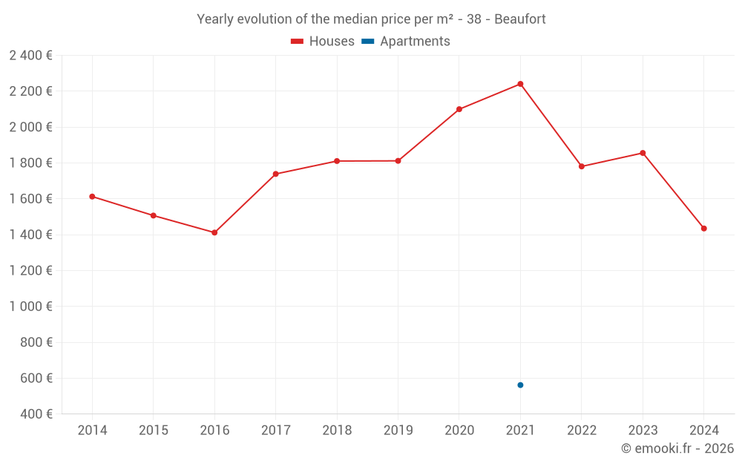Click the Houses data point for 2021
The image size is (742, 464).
(520, 84)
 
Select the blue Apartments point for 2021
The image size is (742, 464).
(520, 385)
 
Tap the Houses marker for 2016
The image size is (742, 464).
(214, 232)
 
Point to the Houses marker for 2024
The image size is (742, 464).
(703, 228)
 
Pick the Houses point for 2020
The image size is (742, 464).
(459, 109)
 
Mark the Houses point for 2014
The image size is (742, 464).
(92, 197)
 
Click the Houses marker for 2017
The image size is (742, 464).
(275, 174)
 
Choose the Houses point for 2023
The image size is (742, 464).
(643, 153)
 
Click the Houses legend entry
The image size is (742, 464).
(323, 42)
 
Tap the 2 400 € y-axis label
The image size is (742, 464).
(30, 55)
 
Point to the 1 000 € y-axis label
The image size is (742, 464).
(30, 306)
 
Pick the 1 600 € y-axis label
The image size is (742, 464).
(30, 198)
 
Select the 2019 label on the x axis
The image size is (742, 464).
(398, 431)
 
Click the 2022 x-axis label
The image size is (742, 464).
(581, 431)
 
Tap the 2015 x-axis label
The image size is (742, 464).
(153, 431)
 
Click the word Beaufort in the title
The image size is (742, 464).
(521, 19)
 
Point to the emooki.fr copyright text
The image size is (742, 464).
(677, 448)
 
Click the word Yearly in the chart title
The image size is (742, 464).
(215, 19)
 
